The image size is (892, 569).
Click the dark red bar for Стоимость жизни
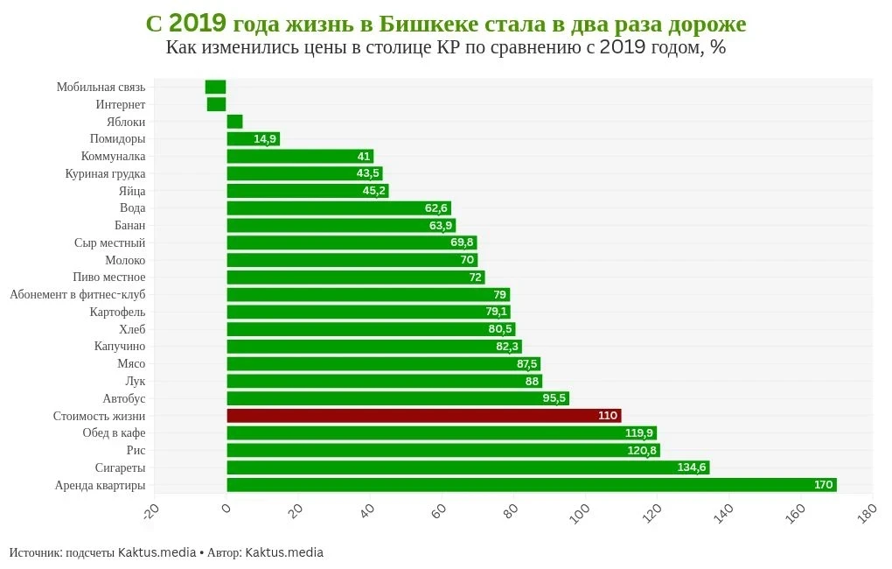423,416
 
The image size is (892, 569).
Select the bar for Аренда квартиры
531,485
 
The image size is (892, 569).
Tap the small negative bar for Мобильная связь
215,87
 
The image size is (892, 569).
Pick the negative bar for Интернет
216,104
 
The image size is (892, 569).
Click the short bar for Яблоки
234,122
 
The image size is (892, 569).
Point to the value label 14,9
265,139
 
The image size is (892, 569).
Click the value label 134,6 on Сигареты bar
691,467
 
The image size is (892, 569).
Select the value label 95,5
554,398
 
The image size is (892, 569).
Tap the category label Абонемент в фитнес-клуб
78,295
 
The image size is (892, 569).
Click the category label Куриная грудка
105,173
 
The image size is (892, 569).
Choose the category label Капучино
120,347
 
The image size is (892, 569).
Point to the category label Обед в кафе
114,433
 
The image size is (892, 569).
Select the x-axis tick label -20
150,511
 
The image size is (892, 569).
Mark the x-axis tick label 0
224,509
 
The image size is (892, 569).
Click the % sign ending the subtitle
718,47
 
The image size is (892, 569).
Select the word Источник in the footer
35,552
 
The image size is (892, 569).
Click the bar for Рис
443,451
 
